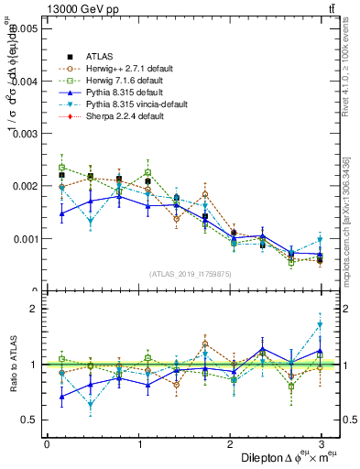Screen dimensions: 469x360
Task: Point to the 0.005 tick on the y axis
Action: [x=26, y=28]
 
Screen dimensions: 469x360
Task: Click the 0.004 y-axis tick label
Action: [x=26, y=82]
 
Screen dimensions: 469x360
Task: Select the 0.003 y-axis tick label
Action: [x=26, y=134]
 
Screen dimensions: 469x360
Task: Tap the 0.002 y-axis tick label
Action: [x=26, y=186]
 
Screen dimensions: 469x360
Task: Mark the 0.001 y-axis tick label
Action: [x=26, y=239]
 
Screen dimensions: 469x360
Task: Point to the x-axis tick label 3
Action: [x=322, y=443]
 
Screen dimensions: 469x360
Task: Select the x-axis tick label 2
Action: [x=230, y=443]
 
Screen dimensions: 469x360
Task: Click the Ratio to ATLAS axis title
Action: [x=13, y=364]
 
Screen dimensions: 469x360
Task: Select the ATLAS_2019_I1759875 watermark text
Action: [x=191, y=273]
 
